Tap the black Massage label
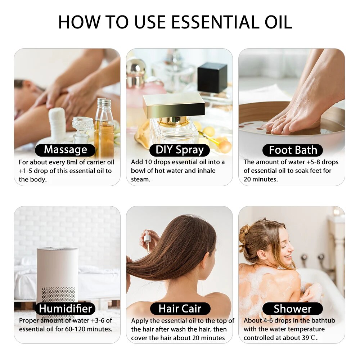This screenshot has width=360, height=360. tap(65, 150)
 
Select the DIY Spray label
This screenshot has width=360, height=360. tap(180, 150)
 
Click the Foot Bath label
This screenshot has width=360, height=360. tap(293, 150)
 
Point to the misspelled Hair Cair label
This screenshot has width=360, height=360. tap(180, 309)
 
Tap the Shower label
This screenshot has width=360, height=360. tap(292, 309)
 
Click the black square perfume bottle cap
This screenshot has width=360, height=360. tap(212, 77)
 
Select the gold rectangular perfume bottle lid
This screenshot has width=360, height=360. tap(174, 105)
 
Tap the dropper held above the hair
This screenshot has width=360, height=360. tap(147, 239)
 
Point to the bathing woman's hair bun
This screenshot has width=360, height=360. tap(245, 234)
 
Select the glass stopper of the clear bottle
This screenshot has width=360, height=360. tap(82, 124)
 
